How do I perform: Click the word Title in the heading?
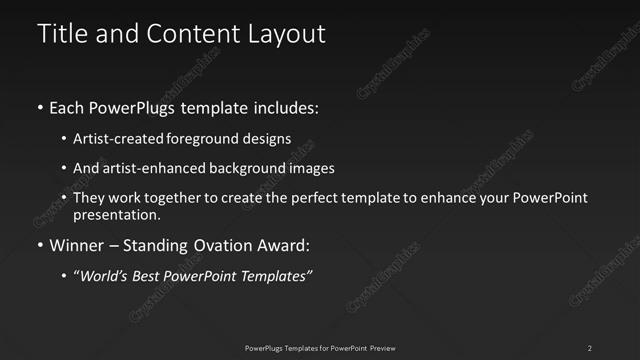click(58, 33)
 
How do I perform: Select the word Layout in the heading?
click(289, 33)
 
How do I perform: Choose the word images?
click(312, 168)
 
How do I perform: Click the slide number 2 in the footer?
click(590, 347)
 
